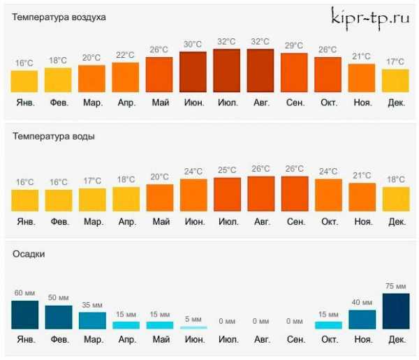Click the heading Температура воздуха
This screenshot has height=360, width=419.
pyautogui.click(x=59, y=17)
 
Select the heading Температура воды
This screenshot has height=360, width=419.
pyautogui.click(x=54, y=136)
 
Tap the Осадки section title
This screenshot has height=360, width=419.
pyautogui.click(x=29, y=255)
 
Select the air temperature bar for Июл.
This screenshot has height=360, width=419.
pyautogui.click(x=226, y=70)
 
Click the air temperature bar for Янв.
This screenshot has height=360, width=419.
pyautogui.click(x=24, y=81)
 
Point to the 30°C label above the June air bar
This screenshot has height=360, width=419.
pyautogui.click(x=193, y=45)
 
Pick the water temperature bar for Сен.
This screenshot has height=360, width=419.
pyautogui.click(x=295, y=193)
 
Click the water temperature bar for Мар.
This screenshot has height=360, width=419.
pyautogui.click(x=92, y=200)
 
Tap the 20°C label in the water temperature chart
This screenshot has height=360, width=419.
pyautogui.click(x=160, y=177)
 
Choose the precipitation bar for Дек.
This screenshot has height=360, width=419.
pyautogui.click(x=396, y=311)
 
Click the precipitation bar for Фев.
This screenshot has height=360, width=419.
pyautogui.click(x=58, y=317)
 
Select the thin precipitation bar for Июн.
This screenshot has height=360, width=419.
pyautogui.click(x=193, y=327)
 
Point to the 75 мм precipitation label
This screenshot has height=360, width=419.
pyautogui.click(x=396, y=286)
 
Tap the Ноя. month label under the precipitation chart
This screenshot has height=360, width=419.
pyautogui.click(x=362, y=340)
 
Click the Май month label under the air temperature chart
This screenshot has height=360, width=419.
pyautogui.click(x=160, y=103)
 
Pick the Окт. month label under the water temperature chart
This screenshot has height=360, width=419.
pyautogui.click(x=328, y=222)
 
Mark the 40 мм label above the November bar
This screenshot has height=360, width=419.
pyautogui.click(x=362, y=303)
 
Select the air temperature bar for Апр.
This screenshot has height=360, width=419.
pyautogui.click(x=126, y=77)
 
